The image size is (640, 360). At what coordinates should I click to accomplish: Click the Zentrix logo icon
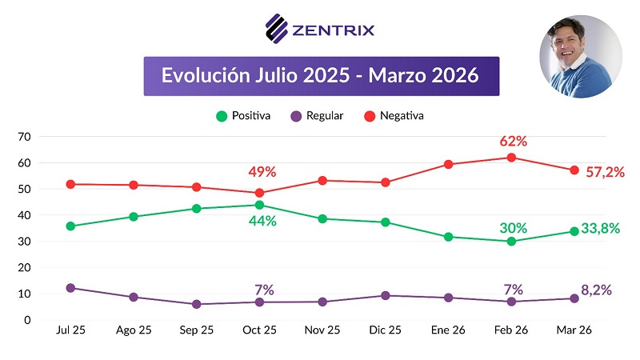[276, 30]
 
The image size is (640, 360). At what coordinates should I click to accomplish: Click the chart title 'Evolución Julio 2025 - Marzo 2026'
[321, 76]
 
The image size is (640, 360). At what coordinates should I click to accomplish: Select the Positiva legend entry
[243, 116]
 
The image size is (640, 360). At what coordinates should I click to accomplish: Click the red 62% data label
[513, 141]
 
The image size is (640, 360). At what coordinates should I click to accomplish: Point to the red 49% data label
[261, 171]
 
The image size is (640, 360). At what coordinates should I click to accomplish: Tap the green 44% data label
[261, 220]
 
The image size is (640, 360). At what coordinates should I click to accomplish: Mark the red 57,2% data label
[604, 171]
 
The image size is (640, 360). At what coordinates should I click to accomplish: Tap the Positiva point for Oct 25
[259, 205]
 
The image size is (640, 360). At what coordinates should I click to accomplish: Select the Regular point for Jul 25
[70, 288]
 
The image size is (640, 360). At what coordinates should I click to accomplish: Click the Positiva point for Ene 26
[448, 237]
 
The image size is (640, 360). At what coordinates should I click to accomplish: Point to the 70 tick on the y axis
[23, 137]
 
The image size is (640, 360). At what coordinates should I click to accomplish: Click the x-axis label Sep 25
[196, 331]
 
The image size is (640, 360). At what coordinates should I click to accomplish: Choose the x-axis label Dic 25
[385, 331]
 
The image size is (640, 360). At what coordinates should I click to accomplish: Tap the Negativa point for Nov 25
[322, 181]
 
